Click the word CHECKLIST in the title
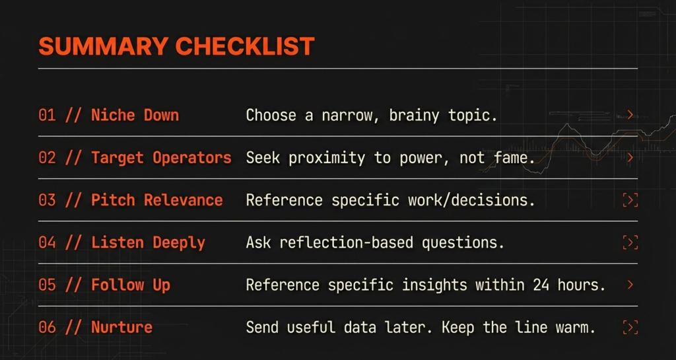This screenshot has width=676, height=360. coord(245,46)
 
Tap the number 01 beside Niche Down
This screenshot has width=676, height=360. coord(47,116)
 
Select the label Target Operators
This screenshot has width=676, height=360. coord(161,158)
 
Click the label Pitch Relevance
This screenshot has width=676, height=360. coord(157,200)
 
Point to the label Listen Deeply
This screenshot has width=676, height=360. coord(148,242)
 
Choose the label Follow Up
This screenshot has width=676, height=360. coord(131,285)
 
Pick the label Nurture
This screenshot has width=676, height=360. coord(121,327)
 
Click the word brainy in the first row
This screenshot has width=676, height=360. coord(415,116)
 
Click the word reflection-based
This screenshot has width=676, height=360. coord(346,242)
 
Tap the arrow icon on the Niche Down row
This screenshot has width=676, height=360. coord(630,115)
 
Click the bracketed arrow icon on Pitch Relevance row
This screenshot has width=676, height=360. coord(630,200)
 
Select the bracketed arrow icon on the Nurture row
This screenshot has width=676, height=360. coord(630,327)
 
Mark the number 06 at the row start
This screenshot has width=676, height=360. coord(47,327)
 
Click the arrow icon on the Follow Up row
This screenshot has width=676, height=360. coord(630,285)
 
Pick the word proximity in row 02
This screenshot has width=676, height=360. coord(326,159)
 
